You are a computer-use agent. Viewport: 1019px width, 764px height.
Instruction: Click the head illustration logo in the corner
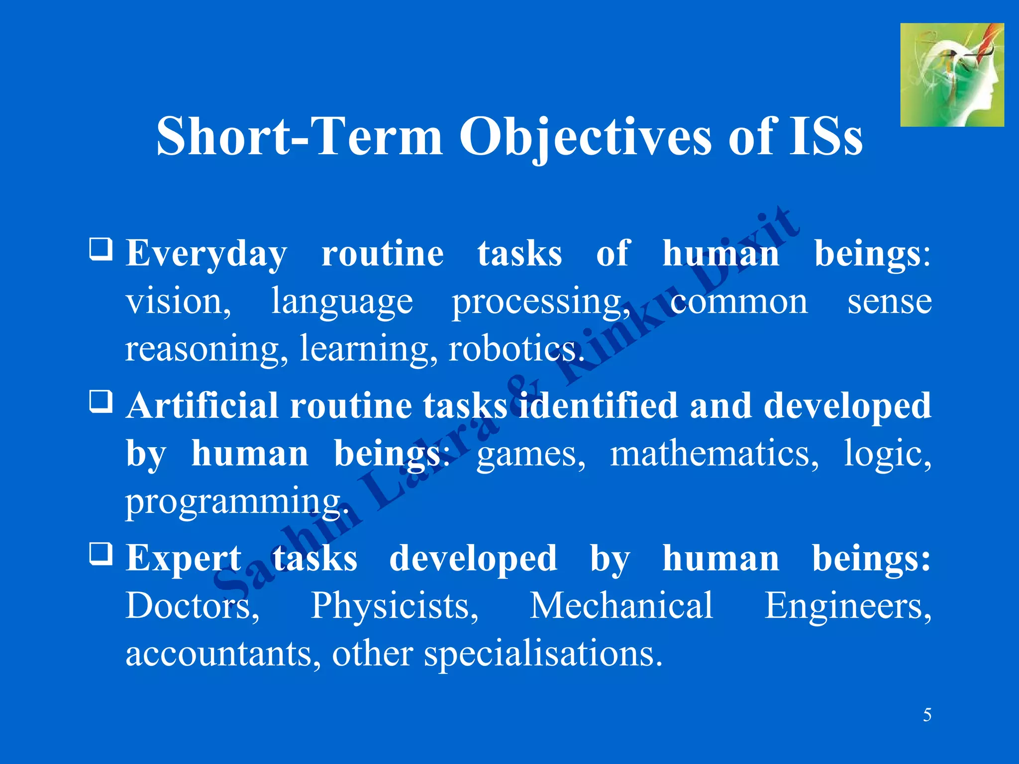click(x=951, y=75)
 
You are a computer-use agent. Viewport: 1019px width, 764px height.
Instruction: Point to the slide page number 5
click(x=927, y=715)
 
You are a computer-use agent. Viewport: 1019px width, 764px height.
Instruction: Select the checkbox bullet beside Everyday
click(x=101, y=249)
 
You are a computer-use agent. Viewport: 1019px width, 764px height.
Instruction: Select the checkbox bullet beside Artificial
click(x=101, y=401)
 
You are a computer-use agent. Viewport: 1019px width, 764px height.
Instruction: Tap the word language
click(x=342, y=302)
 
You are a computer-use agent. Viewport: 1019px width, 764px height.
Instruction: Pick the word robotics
click(x=515, y=349)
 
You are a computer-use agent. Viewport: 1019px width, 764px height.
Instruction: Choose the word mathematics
click(x=713, y=454)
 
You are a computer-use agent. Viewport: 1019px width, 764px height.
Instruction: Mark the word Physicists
click(x=394, y=606)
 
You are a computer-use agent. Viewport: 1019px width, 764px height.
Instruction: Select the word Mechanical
click(x=621, y=605)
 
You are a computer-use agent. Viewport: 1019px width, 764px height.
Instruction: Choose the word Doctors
click(x=192, y=606)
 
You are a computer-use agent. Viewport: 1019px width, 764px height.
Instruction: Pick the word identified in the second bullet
click(x=598, y=405)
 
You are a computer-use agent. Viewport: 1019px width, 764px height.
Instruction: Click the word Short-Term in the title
click(x=299, y=137)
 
